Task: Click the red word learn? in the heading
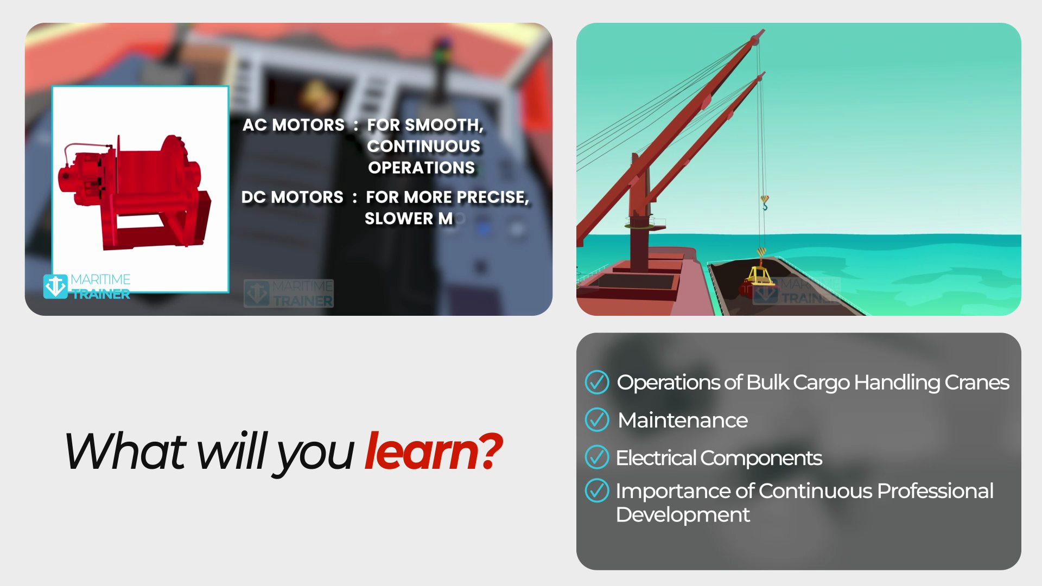pyautogui.click(x=433, y=451)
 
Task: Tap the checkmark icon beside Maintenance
pyautogui.click(x=597, y=420)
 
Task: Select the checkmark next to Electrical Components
pyautogui.click(x=597, y=457)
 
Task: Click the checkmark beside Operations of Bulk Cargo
pyautogui.click(x=597, y=382)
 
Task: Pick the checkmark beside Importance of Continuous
pyautogui.click(x=597, y=491)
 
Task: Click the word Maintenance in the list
pyautogui.click(x=683, y=421)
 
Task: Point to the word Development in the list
pyautogui.click(x=683, y=515)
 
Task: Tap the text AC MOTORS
pyautogui.click(x=294, y=125)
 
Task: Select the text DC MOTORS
pyautogui.click(x=293, y=197)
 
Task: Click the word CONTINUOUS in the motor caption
pyautogui.click(x=424, y=146)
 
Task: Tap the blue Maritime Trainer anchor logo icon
pyautogui.click(x=55, y=286)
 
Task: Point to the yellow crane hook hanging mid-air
pyautogui.click(x=765, y=203)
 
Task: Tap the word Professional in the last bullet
pyautogui.click(x=935, y=491)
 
